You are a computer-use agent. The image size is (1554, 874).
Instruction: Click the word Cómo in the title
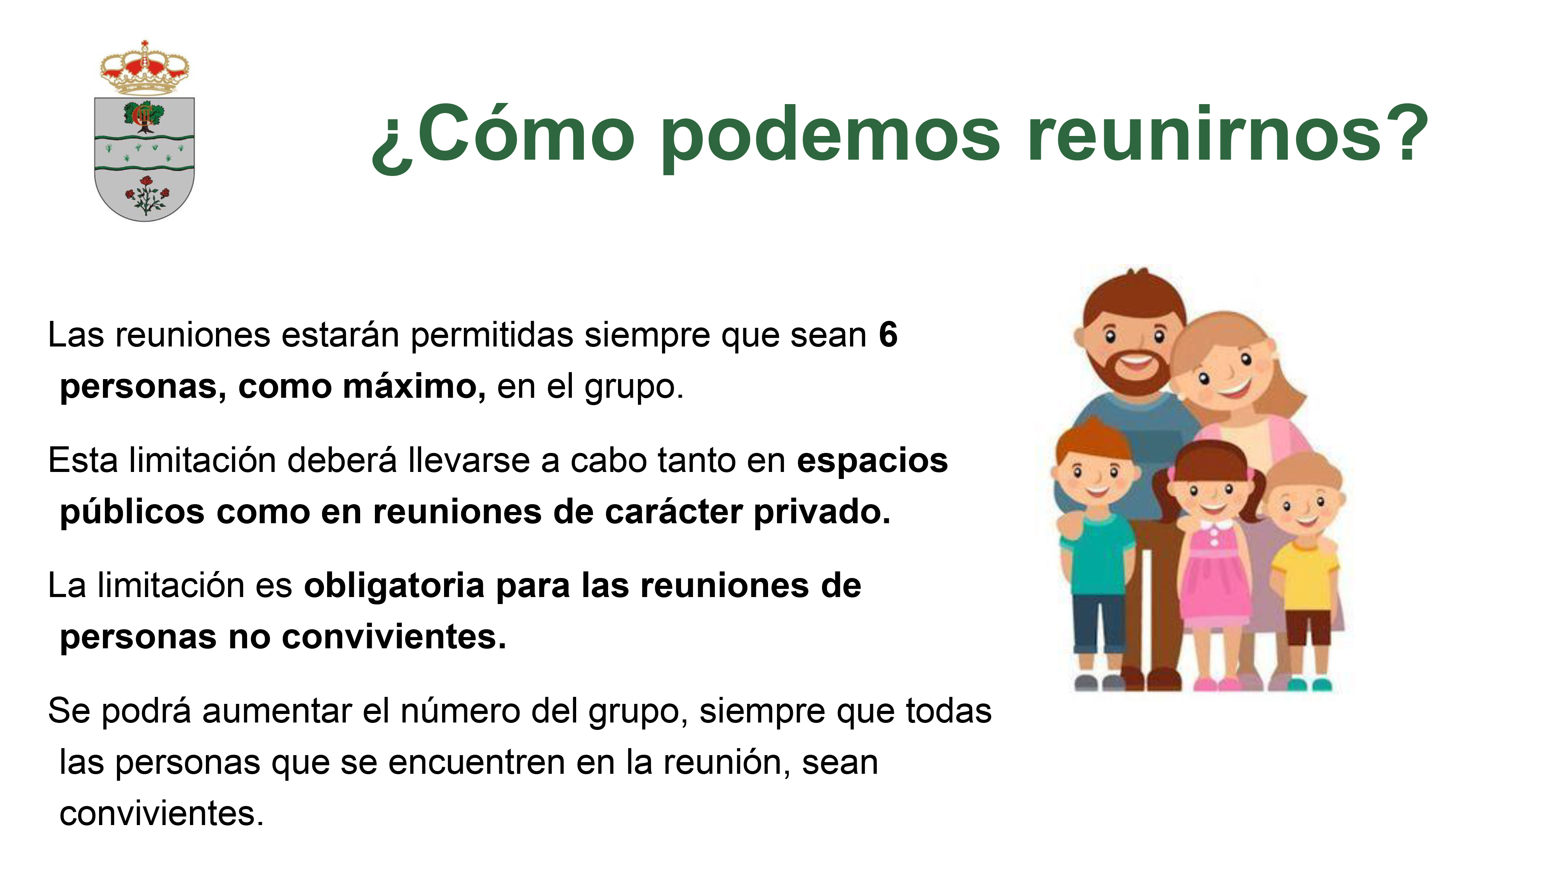(525, 134)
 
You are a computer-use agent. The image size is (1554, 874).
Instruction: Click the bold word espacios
(872, 461)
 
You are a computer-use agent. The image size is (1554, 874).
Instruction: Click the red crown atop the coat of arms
(145, 68)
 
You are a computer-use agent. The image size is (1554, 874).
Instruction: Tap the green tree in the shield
(144, 116)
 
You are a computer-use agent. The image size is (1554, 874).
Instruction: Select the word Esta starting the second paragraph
(83, 460)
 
